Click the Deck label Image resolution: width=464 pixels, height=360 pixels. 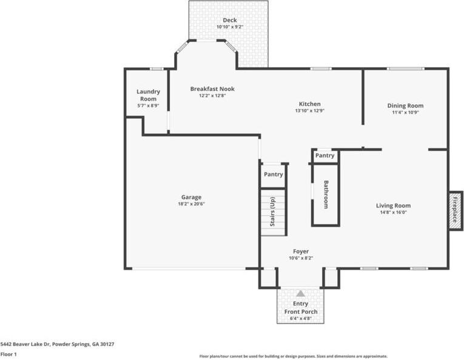pos(230,20)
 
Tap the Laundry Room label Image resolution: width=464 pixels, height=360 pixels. pos(148,95)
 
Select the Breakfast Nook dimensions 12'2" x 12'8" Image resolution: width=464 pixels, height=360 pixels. pos(212,96)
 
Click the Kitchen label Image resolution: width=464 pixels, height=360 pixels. pos(309,104)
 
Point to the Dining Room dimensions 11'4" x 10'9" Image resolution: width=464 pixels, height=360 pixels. pos(405,112)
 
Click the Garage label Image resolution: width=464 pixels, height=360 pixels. pos(192,197)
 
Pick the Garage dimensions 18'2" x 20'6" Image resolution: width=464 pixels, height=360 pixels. pos(192,204)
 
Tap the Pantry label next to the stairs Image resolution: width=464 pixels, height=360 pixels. pos(273,175)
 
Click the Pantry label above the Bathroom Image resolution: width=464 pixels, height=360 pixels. pos(324,156)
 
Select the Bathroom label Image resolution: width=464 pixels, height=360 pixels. pos(326,195)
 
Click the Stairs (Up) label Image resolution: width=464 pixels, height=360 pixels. pos(272,212)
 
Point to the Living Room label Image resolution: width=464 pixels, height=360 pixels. pos(393,205)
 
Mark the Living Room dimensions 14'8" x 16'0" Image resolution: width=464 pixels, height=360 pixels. pos(394,212)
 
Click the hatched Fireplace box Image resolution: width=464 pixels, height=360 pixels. pos(455,210)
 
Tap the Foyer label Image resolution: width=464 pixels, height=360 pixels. pos(301,252)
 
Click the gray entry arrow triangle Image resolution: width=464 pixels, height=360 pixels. pos(300,293)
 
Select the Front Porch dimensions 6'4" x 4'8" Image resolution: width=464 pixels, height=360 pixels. pos(300,319)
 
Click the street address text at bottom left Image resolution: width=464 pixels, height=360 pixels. pos(57,344)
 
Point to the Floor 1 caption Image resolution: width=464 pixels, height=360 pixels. pos(8,354)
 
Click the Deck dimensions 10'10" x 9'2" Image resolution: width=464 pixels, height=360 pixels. pos(230,27)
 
